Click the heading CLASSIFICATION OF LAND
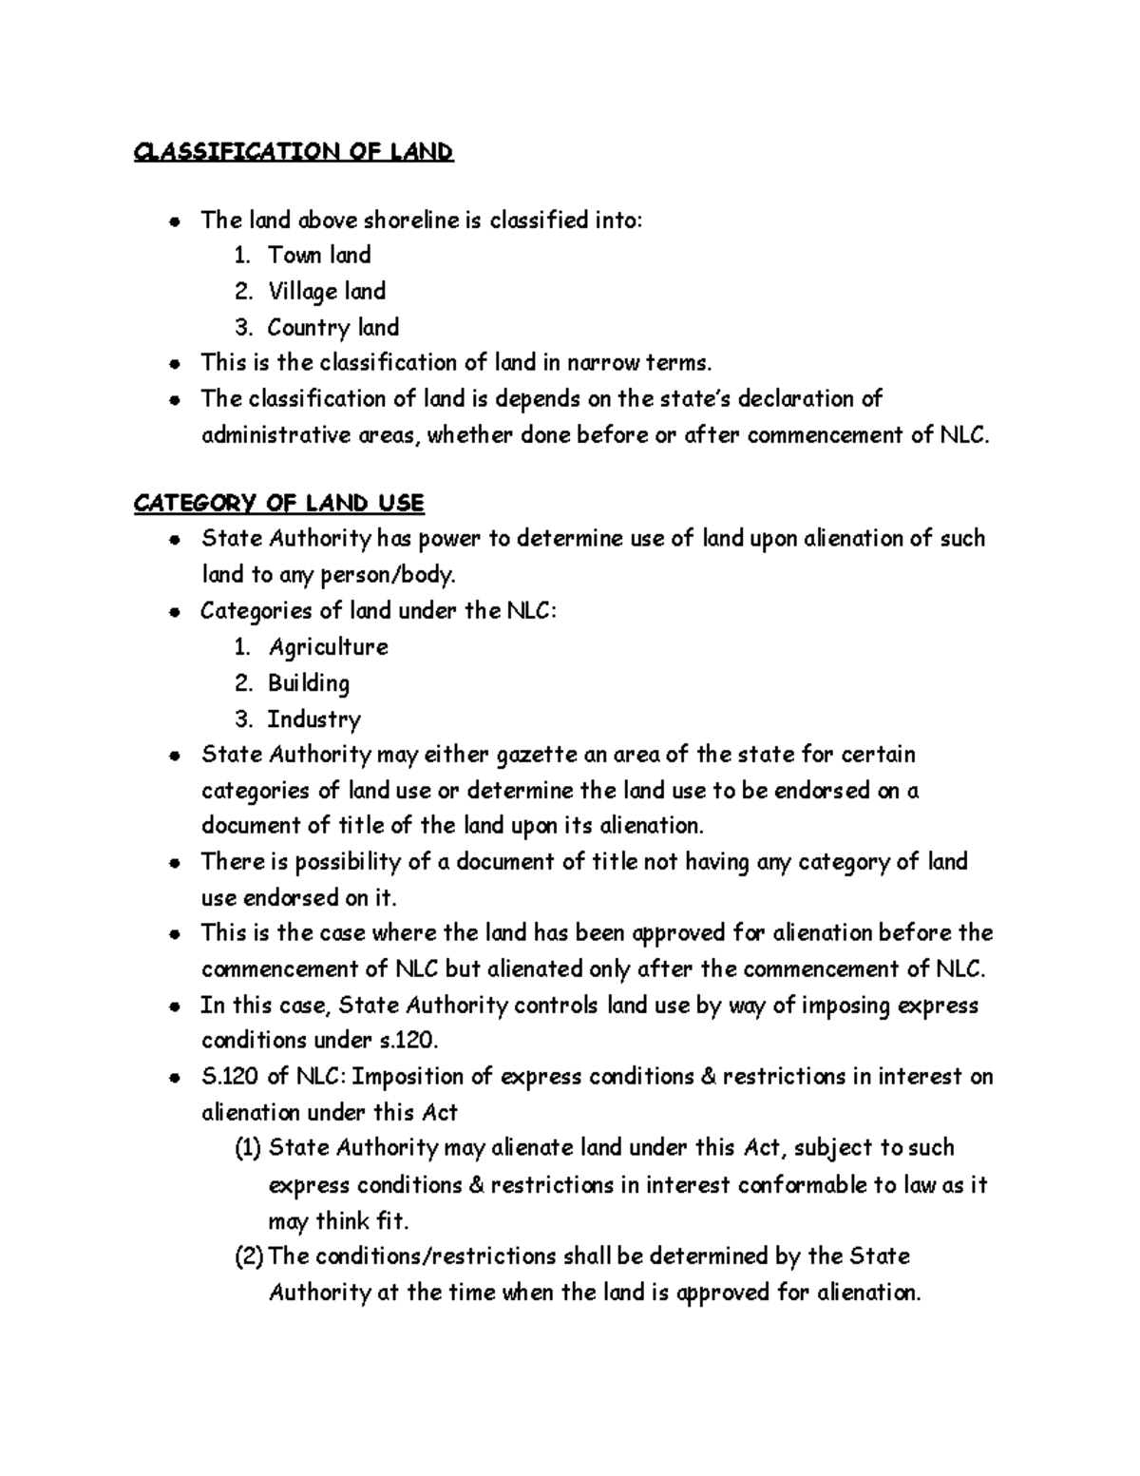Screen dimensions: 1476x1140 (294, 152)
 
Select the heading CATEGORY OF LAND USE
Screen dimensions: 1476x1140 (278, 503)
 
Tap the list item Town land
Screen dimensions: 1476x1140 (318, 256)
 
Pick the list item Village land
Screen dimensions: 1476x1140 (326, 292)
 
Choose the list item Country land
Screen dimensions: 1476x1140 (332, 328)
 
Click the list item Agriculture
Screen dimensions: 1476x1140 (328, 647)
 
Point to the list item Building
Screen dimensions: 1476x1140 (309, 683)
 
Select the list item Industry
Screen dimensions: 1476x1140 (313, 719)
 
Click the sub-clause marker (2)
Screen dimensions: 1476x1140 (248, 1256)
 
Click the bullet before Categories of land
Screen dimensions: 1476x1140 (174, 613)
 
